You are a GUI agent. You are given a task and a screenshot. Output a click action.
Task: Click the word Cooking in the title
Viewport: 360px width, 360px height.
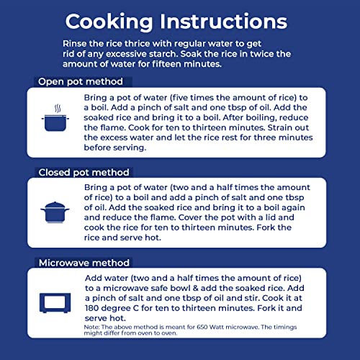(x=109, y=22)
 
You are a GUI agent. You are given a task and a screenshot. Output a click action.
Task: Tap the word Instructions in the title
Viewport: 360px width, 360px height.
(x=223, y=22)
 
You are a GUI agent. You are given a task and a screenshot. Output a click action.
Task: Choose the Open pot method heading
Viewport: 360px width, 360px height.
(x=81, y=81)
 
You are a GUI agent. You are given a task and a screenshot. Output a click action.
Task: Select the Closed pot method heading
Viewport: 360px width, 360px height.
(x=84, y=172)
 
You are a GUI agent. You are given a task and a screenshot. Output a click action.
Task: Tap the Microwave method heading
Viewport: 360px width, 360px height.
(x=84, y=263)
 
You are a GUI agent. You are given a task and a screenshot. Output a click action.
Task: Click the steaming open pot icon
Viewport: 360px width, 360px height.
(x=55, y=118)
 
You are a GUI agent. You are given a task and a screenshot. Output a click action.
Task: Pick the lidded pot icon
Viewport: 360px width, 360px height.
(x=55, y=212)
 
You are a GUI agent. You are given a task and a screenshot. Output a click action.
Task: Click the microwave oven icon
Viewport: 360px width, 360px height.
(x=55, y=303)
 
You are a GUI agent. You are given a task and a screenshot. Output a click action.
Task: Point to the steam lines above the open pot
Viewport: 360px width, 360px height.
(x=58, y=109)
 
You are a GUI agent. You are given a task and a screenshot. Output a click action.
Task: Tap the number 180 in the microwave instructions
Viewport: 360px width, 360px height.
(x=92, y=308)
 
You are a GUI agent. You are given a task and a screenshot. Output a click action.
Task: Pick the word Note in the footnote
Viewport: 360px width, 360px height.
(x=91, y=327)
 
